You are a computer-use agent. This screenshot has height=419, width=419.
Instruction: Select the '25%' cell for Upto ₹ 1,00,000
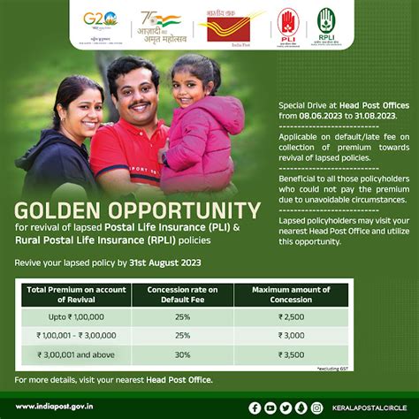(x=182, y=316)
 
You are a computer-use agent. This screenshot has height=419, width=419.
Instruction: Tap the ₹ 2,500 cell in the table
(x=291, y=316)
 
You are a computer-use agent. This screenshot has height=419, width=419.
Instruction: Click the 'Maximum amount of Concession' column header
(x=291, y=294)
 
